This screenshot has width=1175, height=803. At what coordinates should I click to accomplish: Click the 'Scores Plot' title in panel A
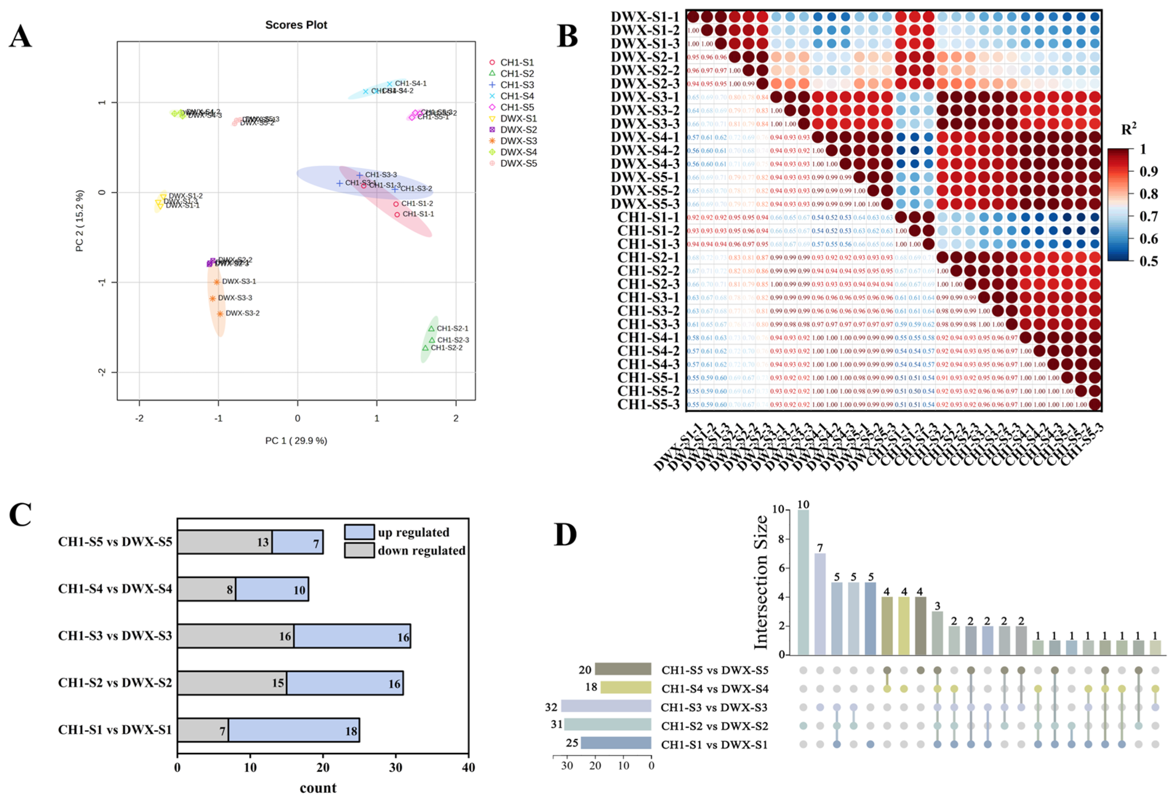tap(296, 25)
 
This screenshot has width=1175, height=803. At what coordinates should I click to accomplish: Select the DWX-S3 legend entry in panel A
tap(518, 141)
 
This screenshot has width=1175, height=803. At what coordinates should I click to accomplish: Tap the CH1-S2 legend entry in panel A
tap(517, 74)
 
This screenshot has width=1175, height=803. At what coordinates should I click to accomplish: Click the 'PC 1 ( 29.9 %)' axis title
tap(296, 441)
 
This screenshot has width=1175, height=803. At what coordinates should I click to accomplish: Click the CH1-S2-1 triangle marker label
tap(452, 328)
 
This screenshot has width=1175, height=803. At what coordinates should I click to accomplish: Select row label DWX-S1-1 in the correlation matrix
tap(645, 17)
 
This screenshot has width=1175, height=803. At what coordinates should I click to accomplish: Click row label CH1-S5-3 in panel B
tap(648, 405)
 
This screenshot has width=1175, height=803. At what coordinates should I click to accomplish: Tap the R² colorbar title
tap(1128, 129)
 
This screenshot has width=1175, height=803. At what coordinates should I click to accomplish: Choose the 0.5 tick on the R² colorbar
tap(1148, 261)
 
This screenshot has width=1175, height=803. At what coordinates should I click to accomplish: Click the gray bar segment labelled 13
tap(225, 542)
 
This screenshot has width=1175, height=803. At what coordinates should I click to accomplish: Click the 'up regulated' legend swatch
tap(359, 532)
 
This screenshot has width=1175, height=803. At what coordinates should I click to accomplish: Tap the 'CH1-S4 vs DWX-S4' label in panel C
tap(115, 589)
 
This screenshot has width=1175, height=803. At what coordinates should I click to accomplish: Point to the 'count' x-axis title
tap(318, 788)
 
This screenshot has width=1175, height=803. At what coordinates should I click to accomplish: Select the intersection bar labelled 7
tap(820, 604)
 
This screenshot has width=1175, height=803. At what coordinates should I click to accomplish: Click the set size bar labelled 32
tap(606, 706)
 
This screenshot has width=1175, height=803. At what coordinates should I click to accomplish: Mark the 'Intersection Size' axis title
tap(761, 582)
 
